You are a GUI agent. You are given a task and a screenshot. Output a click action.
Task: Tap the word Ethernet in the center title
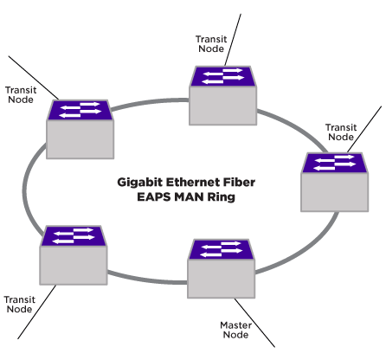click(189, 183)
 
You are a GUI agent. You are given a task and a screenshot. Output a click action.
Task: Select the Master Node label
click(235, 330)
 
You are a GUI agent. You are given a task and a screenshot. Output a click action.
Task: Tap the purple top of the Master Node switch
click(222, 249)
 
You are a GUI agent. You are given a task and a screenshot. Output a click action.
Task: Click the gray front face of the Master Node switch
click(222, 279)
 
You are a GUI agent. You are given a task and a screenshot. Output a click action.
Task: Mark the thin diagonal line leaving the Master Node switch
click(254, 323)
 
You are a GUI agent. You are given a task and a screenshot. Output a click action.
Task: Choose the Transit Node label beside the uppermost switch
click(211, 44)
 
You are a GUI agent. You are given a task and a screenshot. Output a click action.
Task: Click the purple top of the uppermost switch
click(223, 76)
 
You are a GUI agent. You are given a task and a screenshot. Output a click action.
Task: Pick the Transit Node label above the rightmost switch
click(341, 132)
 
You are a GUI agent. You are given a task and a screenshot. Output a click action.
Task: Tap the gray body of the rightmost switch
click(335, 192)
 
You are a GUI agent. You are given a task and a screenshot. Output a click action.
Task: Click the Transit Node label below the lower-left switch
click(19, 305)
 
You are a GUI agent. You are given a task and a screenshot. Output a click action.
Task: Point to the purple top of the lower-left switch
click(74, 235)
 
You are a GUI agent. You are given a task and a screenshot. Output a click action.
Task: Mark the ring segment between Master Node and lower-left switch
click(147, 279)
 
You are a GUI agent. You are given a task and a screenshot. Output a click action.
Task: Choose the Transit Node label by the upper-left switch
click(21, 95)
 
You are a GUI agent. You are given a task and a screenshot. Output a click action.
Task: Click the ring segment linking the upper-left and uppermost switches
click(150, 102)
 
